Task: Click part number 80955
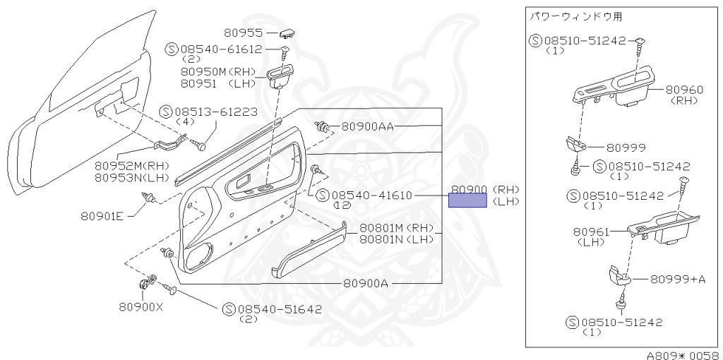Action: point(244,32)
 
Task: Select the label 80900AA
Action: point(367,127)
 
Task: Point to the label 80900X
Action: point(141,307)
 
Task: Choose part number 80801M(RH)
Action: point(396,228)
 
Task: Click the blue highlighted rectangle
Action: point(467,201)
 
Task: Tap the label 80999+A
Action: point(677,279)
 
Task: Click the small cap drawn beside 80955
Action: point(287,32)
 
